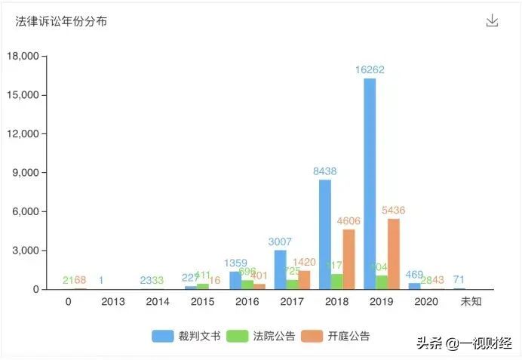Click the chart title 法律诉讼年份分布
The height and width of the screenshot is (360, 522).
click(x=61, y=21)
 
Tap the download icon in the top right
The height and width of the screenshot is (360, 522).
click(x=492, y=20)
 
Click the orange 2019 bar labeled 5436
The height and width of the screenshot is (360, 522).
click(x=393, y=254)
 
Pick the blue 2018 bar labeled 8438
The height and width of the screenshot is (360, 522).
click(x=325, y=234)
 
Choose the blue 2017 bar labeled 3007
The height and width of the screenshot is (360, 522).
click(x=280, y=269)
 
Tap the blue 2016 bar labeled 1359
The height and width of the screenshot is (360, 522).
click(x=235, y=280)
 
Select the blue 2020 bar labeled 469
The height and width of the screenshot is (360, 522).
click(x=414, y=286)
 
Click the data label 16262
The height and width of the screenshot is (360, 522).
click(x=370, y=69)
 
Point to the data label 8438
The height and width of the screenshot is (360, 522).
click(x=325, y=171)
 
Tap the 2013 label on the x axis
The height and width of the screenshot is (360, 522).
click(x=112, y=301)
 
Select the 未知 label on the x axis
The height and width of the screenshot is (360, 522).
click(x=471, y=301)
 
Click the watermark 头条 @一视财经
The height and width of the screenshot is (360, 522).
click(x=461, y=343)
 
